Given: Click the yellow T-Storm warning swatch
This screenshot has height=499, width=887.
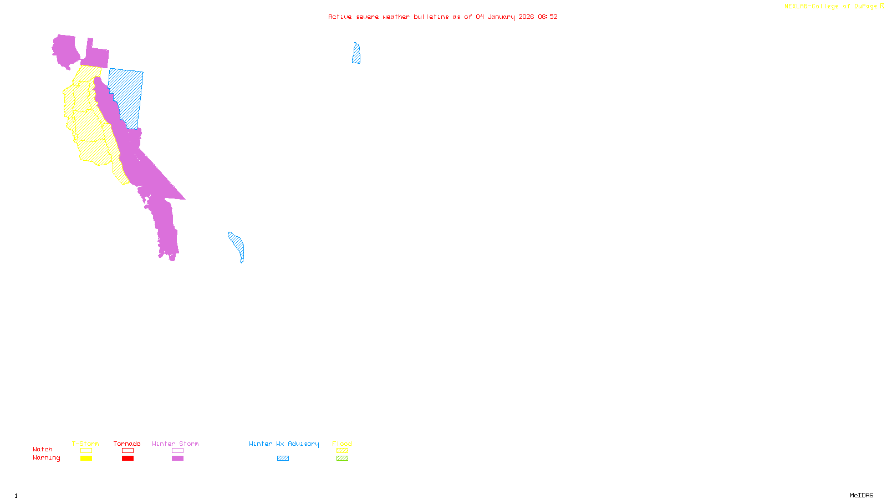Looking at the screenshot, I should (x=86, y=459).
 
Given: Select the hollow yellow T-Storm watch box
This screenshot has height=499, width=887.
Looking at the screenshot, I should (x=86, y=451).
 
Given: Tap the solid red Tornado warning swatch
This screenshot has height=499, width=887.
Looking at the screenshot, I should (x=128, y=459).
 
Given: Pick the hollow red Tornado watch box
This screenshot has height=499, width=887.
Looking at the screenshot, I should (x=128, y=451).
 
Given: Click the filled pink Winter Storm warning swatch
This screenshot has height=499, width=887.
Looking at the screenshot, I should (x=177, y=459).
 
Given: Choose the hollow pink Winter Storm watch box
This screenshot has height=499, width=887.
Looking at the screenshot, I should (x=177, y=451).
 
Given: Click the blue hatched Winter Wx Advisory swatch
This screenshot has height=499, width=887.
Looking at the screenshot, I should (x=283, y=459).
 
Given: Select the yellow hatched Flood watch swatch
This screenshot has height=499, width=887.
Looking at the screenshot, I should (x=342, y=451).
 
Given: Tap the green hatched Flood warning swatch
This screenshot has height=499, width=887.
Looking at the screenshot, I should (x=342, y=459).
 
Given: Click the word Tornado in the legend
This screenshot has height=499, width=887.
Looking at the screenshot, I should (x=127, y=444).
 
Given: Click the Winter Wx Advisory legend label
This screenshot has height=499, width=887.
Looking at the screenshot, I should (x=284, y=444).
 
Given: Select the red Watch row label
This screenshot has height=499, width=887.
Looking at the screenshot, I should (x=43, y=449).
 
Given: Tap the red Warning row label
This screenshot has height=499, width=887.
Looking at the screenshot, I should (x=47, y=458).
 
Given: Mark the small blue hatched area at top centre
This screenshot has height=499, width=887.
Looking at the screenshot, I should (x=356, y=54).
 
